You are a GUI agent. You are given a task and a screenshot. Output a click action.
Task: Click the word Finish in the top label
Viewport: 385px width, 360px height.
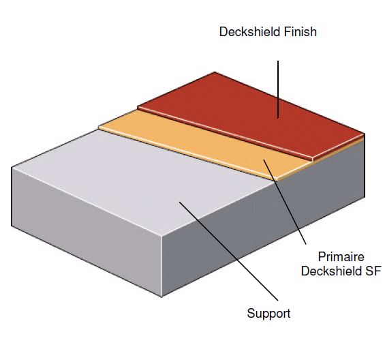301,31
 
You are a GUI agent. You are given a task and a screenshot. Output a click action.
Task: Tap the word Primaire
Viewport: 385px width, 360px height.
341,257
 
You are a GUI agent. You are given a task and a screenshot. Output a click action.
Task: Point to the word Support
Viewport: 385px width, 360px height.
268,314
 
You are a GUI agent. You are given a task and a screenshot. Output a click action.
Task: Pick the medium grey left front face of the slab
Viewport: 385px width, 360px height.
86,231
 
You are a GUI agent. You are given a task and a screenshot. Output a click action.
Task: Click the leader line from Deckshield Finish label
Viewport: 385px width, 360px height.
278,90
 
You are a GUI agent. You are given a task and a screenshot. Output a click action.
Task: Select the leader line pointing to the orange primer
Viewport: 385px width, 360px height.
285,202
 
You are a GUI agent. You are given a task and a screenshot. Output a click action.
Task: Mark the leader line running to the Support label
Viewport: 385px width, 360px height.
228,251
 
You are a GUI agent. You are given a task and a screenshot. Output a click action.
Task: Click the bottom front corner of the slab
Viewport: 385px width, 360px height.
161,297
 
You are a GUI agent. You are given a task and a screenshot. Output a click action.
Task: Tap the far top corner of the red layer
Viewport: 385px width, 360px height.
215,72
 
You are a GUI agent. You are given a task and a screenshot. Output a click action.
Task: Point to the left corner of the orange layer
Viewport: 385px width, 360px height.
99,127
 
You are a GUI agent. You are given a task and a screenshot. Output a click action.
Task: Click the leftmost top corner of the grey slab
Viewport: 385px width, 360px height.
12,167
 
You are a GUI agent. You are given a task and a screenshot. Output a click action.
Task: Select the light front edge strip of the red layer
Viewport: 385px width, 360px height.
225,134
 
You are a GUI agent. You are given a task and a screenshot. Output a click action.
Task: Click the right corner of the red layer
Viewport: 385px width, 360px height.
364,134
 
